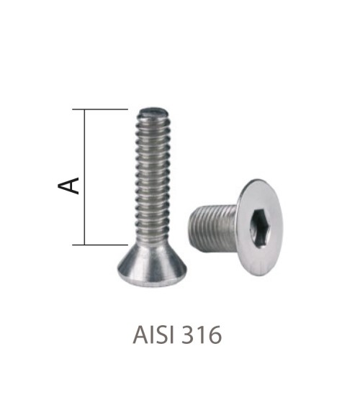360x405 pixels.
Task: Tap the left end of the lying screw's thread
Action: click(x=192, y=224)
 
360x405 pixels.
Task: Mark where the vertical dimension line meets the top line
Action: click(x=86, y=109)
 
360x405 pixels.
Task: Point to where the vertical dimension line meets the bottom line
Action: click(x=86, y=245)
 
